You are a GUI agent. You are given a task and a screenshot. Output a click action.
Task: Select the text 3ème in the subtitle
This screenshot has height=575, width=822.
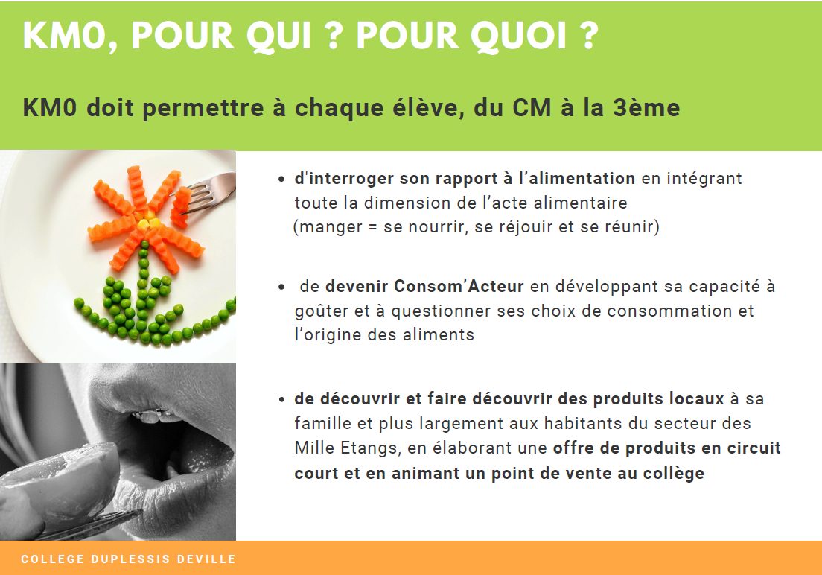(x=646, y=107)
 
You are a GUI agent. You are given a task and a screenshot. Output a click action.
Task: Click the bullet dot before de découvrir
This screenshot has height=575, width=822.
(x=282, y=400)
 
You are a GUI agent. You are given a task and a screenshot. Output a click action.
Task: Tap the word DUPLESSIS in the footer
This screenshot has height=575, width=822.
(x=130, y=559)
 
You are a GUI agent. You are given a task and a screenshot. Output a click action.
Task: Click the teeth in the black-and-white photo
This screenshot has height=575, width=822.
(x=156, y=416)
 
